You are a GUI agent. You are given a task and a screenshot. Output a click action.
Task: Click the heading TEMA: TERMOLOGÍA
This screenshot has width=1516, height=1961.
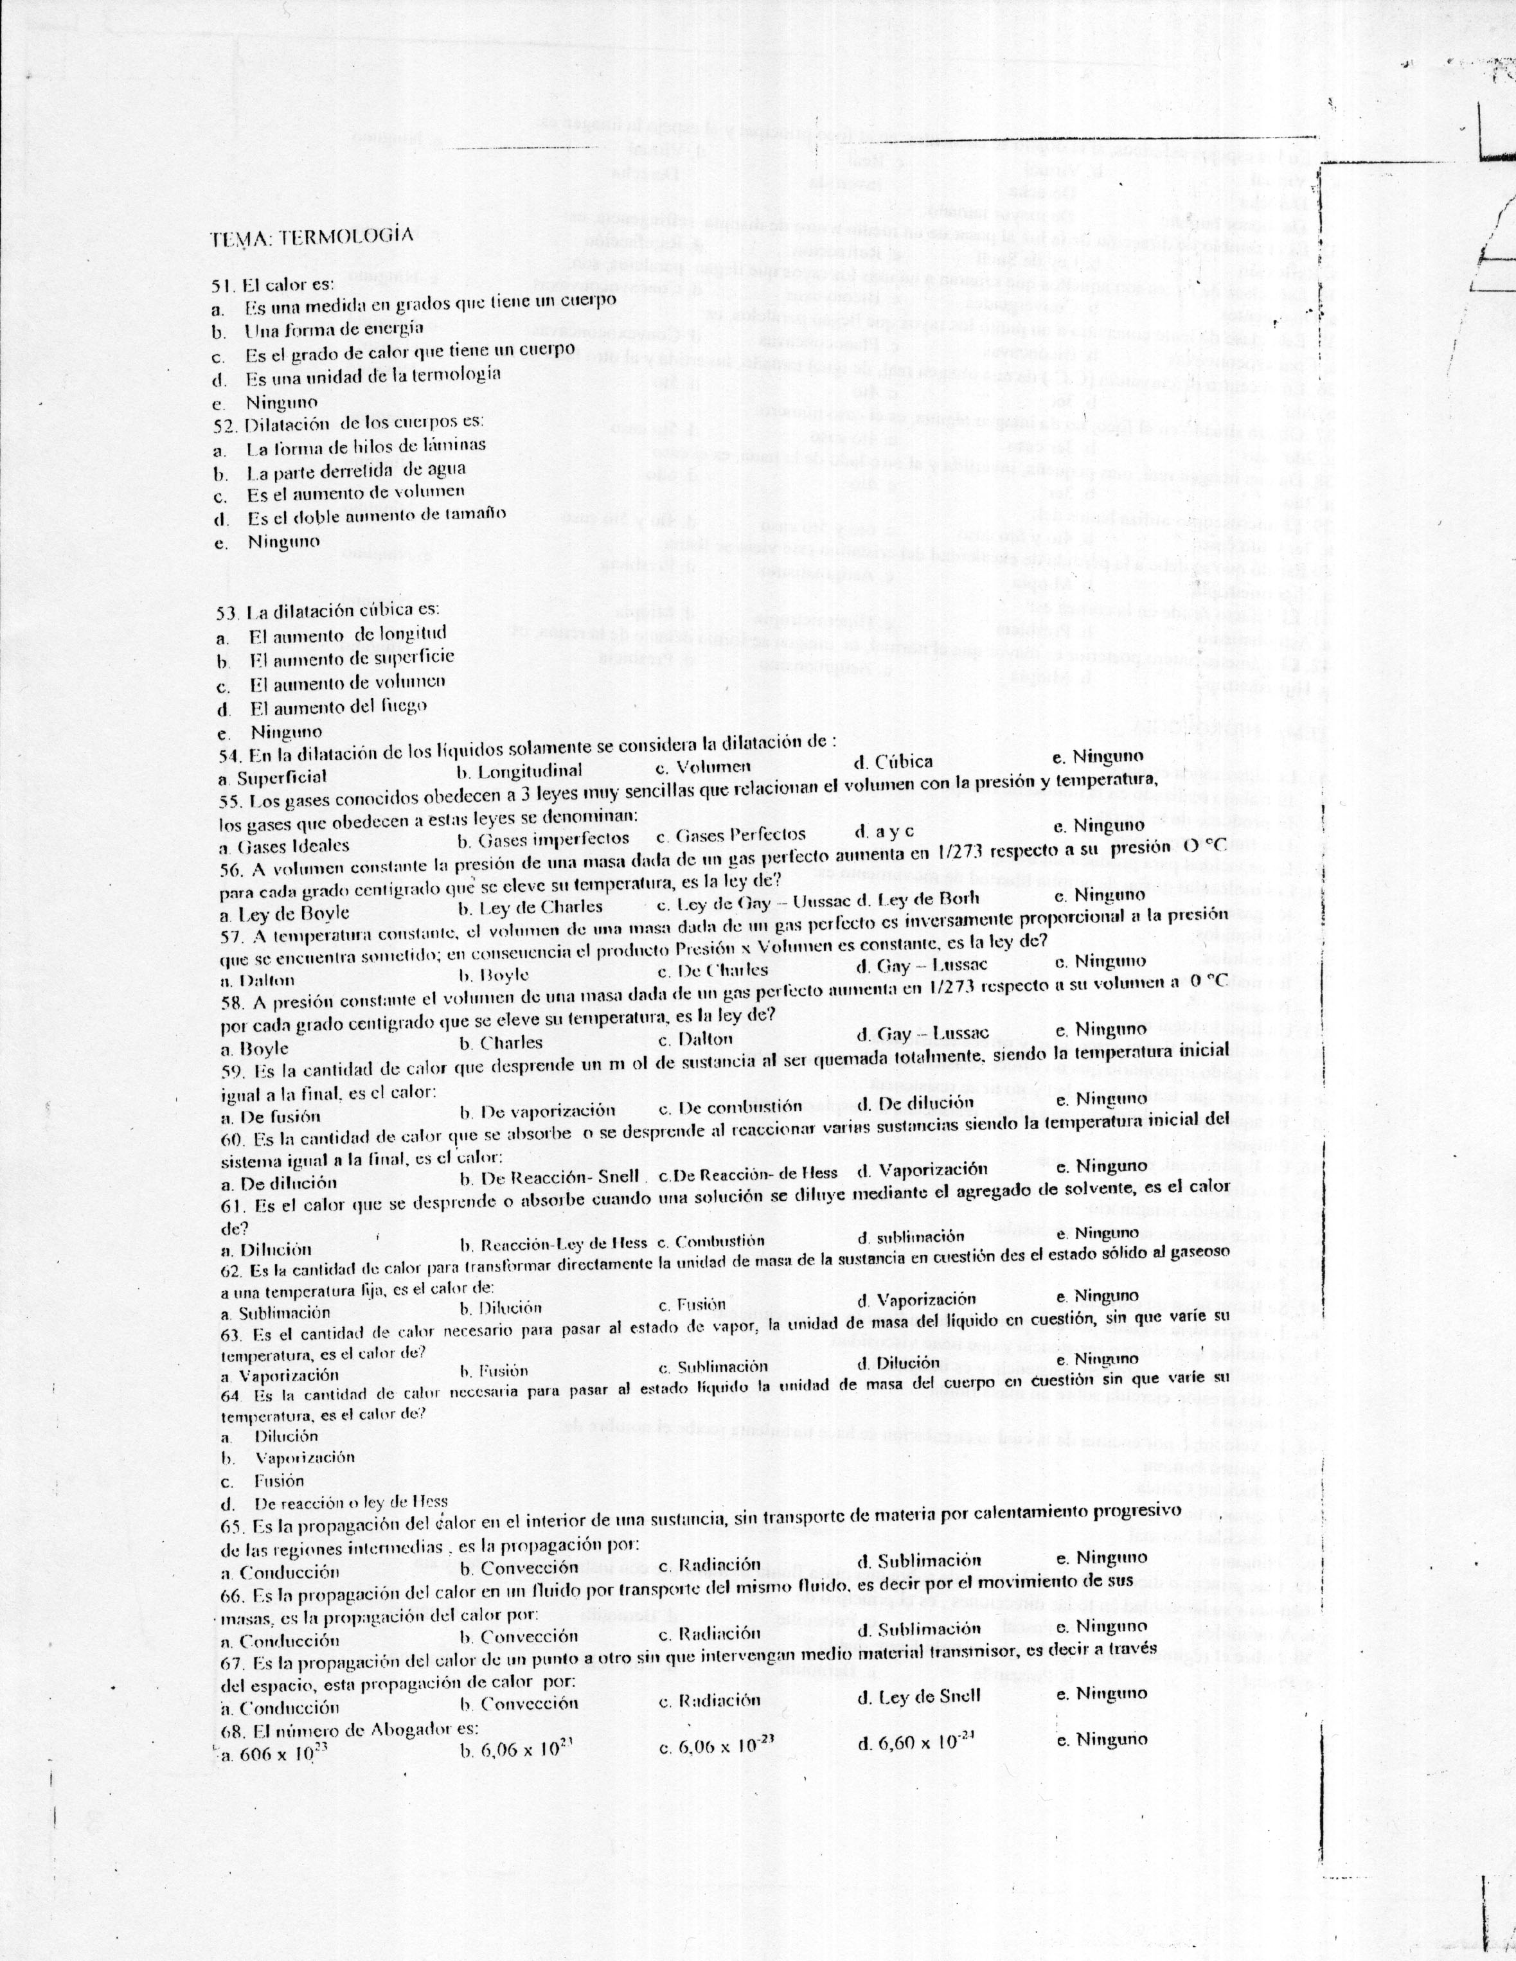pos(312,237)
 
